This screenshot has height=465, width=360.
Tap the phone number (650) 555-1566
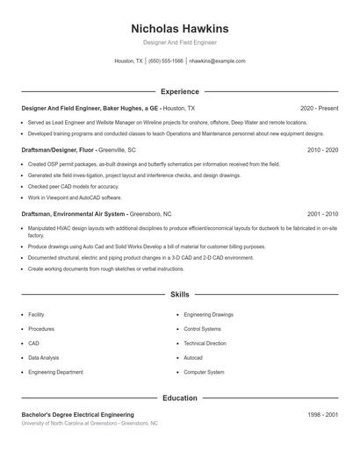click(165, 61)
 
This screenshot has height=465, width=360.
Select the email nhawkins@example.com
click(217, 61)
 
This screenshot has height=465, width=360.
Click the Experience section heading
click(179, 91)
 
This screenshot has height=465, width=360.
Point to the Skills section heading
click(179, 295)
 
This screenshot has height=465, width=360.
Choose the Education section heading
click(179, 397)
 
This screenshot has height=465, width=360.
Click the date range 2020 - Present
click(319, 108)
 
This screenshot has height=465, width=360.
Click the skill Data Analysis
click(44, 358)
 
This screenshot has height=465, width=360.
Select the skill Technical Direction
click(205, 343)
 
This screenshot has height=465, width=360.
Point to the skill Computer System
click(204, 372)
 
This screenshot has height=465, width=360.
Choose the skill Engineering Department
click(55, 372)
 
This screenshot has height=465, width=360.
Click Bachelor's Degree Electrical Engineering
click(77, 414)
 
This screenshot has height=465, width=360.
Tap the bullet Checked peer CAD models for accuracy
click(73, 186)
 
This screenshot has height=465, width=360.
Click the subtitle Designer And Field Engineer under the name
click(179, 42)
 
